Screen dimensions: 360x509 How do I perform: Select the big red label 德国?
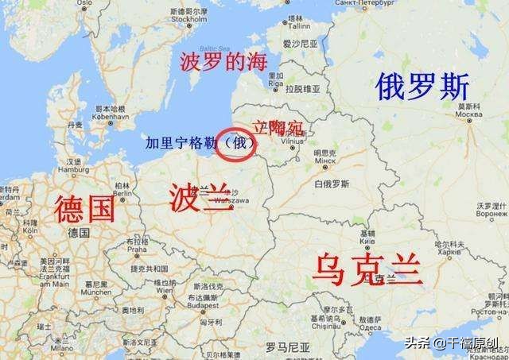(84, 208)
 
